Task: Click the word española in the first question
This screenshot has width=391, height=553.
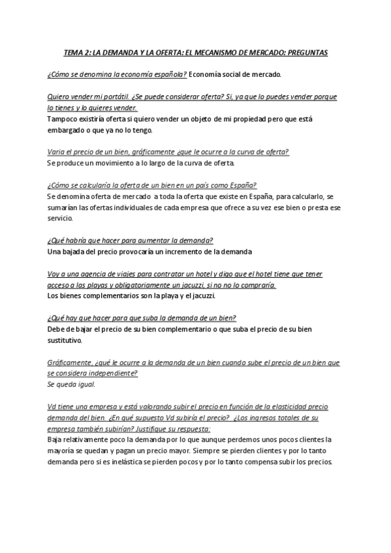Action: tap(168, 74)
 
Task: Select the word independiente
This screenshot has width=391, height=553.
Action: tap(106, 374)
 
